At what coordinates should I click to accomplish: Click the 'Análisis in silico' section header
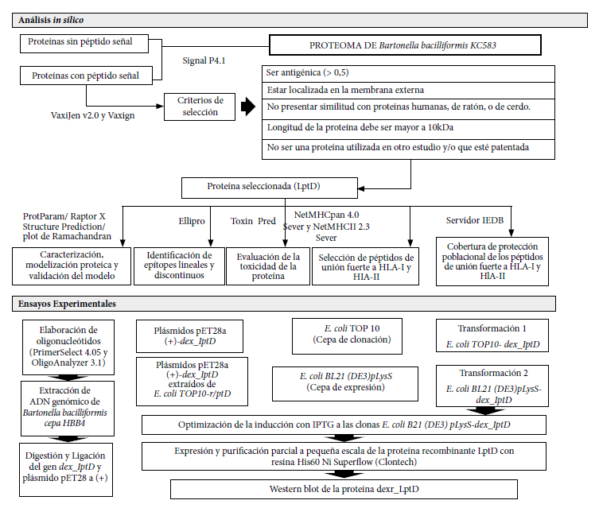pyautogui.click(x=299, y=20)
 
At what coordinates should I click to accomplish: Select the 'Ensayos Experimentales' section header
pyautogui.click(x=284, y=304)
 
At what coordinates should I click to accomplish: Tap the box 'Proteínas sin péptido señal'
pyautogui.click(x=84, y=44)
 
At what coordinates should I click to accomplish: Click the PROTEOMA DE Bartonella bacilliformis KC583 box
pyautogui.click(x=405, y=45)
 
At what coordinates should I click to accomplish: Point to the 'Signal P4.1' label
pyautogui.click(x=204, y=60)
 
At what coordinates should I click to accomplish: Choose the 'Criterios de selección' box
pyautogui.click(x=200, y=107)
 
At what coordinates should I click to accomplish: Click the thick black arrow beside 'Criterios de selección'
pyautogui.click(x=248, y=106)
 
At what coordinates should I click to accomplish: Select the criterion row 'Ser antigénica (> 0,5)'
pyautogui.click(x=408, y=74)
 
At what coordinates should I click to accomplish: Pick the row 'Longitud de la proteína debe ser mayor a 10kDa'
pyautogui.click(x=408, y=130)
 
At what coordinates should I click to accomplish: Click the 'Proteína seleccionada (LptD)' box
pyautogui.click(x=270, y=188)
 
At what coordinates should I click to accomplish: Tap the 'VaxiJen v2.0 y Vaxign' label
pyautogui.click(x=92, y=115)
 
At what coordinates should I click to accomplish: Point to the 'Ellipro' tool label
pyautogui.click(x=192, y=221)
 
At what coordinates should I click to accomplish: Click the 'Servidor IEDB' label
pyautogui.click(x=474, y=220)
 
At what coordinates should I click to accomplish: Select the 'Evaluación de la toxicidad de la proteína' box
pyautogui.click(x=268, y=266)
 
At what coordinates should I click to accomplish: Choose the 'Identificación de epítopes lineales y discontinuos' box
pyautogui.click(x=179, y=266)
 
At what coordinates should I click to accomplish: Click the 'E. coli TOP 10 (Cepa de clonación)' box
pyautogui.click(x=347, y=336)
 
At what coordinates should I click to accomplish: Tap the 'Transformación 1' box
pyautogui.click(x=492, y=335)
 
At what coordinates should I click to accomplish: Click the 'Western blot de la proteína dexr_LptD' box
pyautogui.click(x=344, y=489)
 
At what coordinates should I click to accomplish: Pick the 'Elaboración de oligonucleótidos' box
pyautogui.click(x=68, y=347)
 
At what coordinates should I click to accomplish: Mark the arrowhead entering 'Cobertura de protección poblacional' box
pyautogui.click(x=511, y=233)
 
